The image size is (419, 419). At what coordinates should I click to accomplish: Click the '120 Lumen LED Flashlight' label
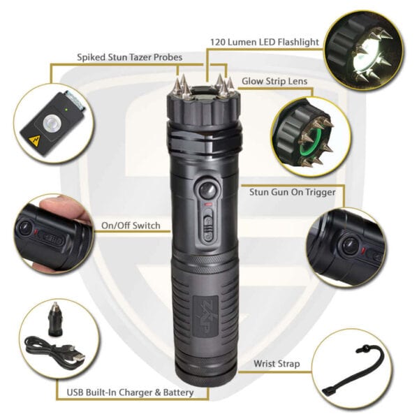coord(265,42)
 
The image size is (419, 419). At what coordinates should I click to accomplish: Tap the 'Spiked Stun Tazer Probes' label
coord(130,57)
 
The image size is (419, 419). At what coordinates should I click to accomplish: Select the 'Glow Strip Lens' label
coord(274,81)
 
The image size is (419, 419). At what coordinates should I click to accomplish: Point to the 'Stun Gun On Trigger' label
coord(293,192)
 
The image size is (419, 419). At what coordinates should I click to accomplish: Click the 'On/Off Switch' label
coord(131,226)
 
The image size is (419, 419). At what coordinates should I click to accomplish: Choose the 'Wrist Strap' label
coord(277,364)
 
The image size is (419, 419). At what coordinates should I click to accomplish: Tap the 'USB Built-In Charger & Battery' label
coord(130,392)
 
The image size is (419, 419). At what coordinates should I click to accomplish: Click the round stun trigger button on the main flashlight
coord(208,190)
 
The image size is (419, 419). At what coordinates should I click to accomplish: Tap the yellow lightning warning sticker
coord(34,140)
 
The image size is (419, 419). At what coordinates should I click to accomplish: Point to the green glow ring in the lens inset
coord(311,143)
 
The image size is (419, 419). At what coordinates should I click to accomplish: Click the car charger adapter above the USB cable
coord(55,318)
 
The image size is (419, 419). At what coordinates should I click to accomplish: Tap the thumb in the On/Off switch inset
coord(62,207)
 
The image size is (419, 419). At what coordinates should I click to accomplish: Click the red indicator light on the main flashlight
coord(208,205)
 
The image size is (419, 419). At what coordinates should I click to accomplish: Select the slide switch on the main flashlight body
coord(208,226)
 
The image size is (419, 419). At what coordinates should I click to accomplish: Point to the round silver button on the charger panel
coord(50,123)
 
